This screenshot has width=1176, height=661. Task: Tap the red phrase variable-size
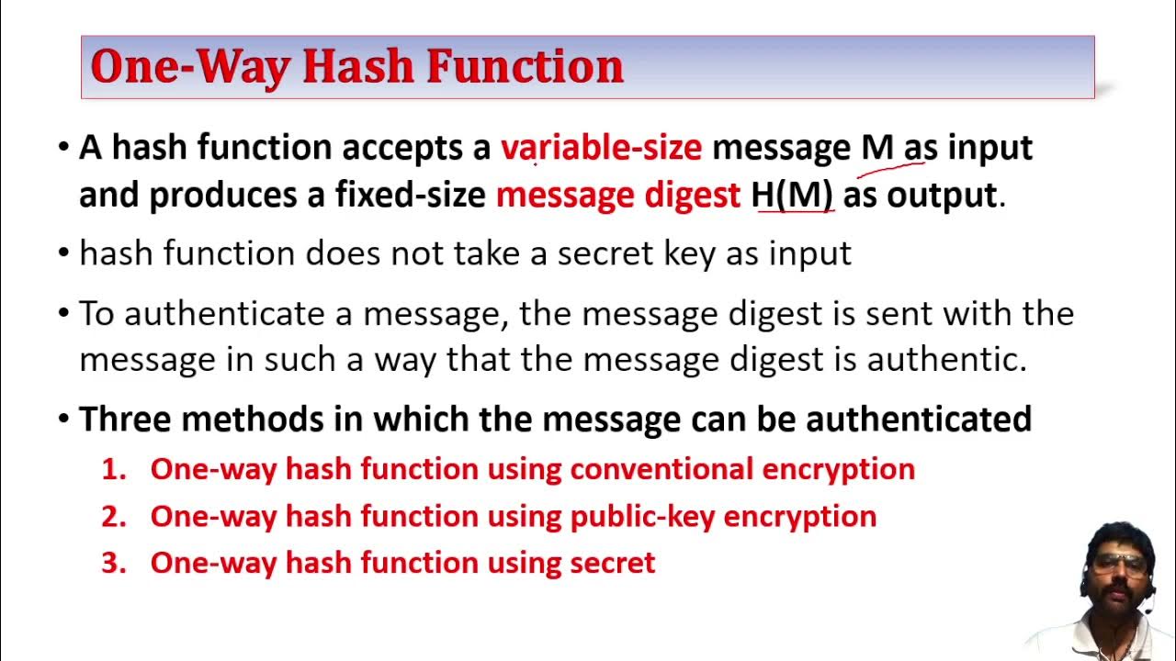[601, 148]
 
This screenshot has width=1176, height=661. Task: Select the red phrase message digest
[617, 195]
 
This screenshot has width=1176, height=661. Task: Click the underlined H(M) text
[792, 195]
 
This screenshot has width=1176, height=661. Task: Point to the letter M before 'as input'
[877, 148]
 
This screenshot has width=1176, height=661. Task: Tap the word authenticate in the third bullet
[224, 314]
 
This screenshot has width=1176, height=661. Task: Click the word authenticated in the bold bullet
[919, 420]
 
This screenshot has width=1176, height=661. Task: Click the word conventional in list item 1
[661, 469]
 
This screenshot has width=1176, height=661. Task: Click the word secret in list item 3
[612, 563]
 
